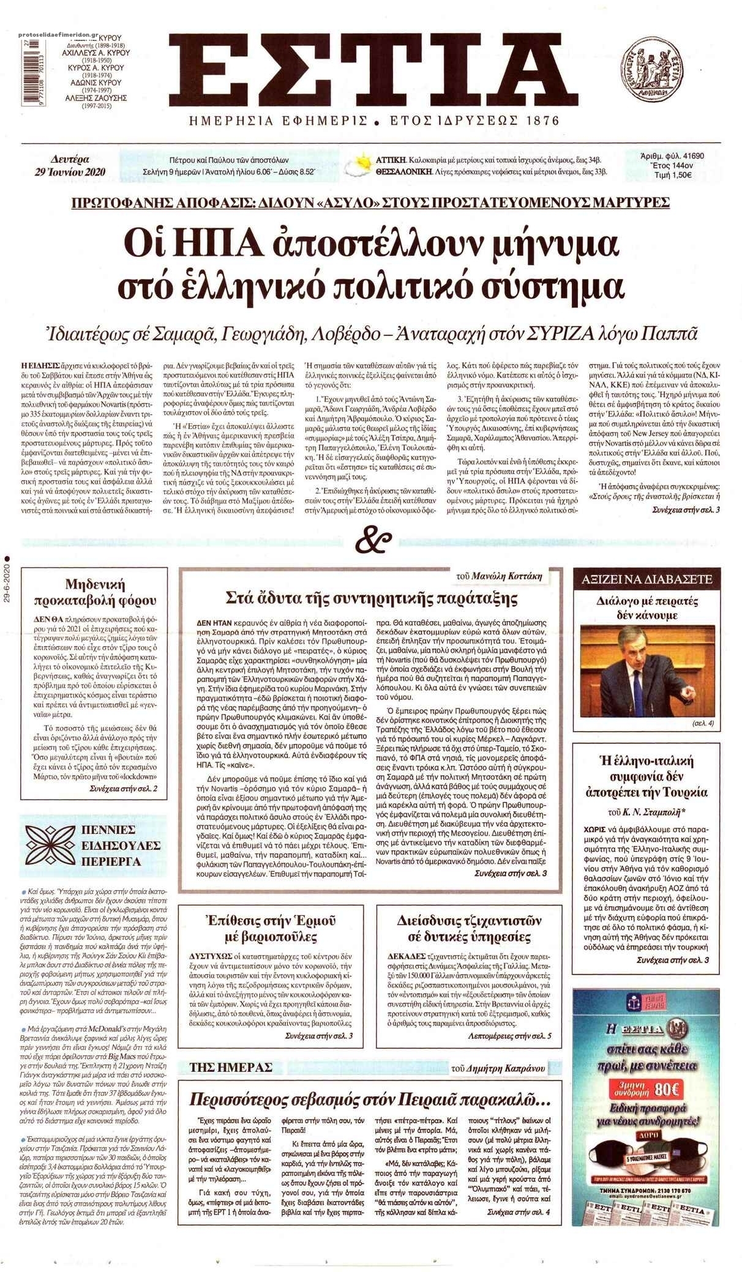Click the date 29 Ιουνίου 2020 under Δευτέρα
pyautogui.click(x=70, y=172)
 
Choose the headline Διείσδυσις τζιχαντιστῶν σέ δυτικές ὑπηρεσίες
pyautogui.click(x=470, y=928)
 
